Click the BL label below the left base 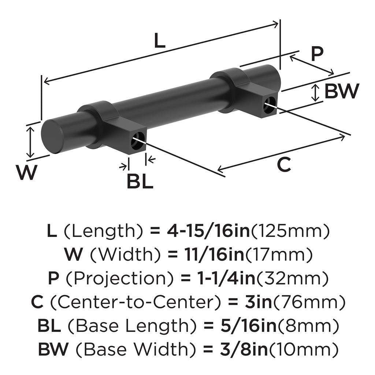(x=140, y=181)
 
